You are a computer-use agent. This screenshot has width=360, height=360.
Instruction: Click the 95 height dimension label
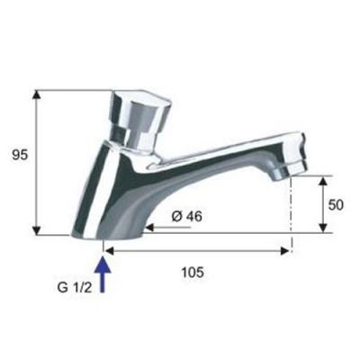19,154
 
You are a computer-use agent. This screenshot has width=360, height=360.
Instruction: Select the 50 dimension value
337,204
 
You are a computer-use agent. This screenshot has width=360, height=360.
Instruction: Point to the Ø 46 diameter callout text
185,217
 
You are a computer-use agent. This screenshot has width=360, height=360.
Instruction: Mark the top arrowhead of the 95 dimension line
36,94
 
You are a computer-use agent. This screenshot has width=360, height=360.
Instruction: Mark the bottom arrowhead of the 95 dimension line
36,232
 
